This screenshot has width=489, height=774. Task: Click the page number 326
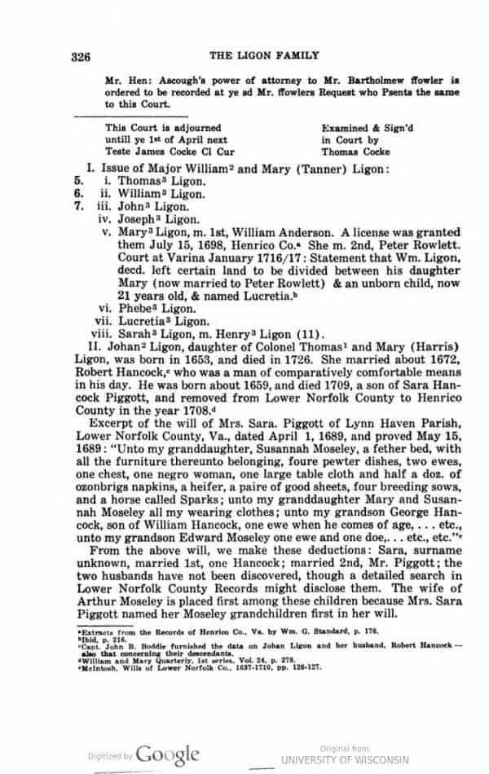(x=79, y=56)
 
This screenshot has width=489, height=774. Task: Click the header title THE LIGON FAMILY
(x=264, y=55)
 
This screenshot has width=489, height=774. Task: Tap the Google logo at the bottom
(x=167, y=754)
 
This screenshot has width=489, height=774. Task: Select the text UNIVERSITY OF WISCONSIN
(x=345, y=759)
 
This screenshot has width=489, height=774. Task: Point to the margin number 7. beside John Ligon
(x=79, y=207)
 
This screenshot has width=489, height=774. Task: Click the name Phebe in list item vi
(x=137, y=308)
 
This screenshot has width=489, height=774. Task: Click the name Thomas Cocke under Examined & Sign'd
(x=351, y=151)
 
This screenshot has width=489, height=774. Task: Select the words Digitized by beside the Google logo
(x=110, y=756)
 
